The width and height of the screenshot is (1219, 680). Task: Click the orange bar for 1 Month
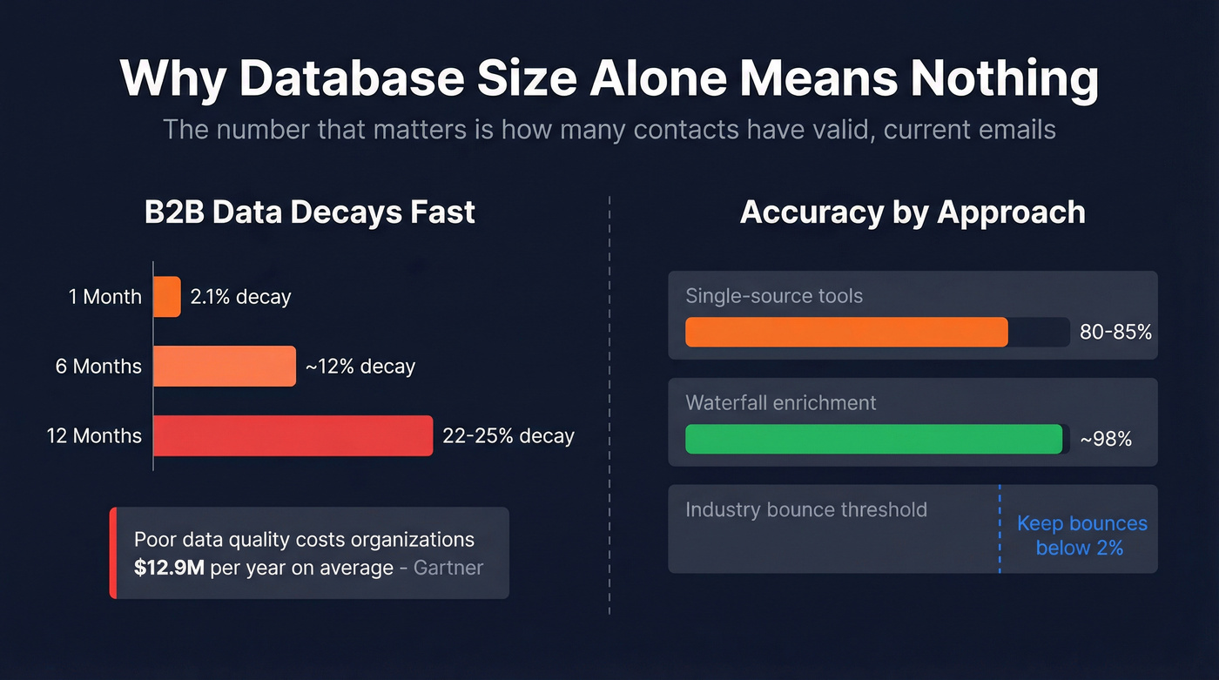tap(167, 297)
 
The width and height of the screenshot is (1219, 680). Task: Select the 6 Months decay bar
tap(225, 366)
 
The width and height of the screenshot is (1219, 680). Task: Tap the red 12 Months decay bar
tap(293, 435)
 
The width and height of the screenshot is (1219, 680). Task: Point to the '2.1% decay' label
tap(240, 297)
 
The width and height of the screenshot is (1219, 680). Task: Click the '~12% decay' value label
tap(360, 367)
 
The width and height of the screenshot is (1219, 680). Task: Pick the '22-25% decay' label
tap(508, 435)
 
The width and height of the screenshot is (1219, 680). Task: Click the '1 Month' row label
tap(104, 297)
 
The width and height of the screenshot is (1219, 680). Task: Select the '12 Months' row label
tap(94, 435)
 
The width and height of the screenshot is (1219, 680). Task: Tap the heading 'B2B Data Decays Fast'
tap(310, 212)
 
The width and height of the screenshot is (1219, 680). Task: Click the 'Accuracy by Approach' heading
tap(913, 212)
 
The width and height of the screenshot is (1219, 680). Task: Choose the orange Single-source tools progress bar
tap(846, 333)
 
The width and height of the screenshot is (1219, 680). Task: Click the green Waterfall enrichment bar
tap(873, 439)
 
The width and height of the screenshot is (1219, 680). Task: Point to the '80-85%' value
tap(1115, 333)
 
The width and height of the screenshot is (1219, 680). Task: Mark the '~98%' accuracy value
tap(1106, 440)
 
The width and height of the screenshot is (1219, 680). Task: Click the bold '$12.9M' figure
tap(169, 568)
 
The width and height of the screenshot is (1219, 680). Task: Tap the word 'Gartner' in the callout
tap(448, 568)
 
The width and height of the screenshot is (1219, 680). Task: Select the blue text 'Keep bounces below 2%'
tap(1081, 535)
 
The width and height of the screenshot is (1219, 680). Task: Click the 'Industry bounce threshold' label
tap(805, 509)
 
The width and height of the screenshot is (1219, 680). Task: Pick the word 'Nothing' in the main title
tap(1004, 78)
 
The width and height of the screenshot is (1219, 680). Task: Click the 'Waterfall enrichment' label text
tap(780, 403)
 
